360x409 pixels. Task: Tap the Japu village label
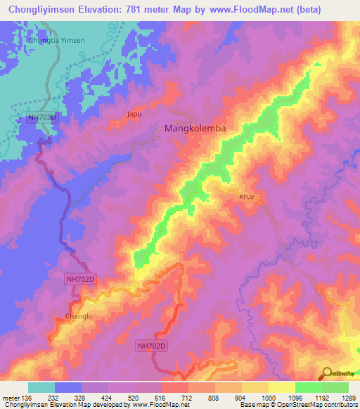[135, 113]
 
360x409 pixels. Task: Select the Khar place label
[247, 197]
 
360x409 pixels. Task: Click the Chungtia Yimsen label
[56, 40]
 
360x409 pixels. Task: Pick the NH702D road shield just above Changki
[79, 279]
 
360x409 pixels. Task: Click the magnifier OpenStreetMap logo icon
[327, 374]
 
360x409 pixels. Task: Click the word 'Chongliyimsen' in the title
[41, 9]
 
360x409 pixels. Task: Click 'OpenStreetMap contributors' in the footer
[323, 405]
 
